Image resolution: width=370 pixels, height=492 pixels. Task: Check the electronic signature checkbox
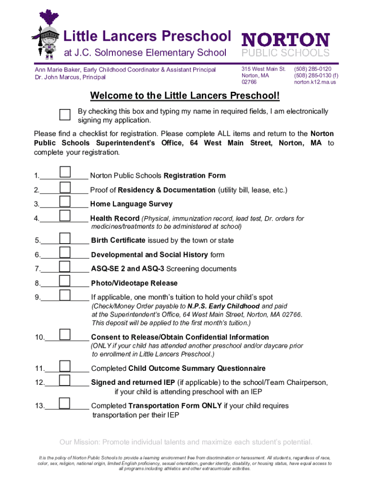(65, 114)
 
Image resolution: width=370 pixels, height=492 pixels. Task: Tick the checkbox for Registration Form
(65, 172)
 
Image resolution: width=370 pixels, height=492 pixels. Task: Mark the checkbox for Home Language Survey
(65, 201)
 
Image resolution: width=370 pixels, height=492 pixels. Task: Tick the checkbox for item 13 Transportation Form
(65, 403)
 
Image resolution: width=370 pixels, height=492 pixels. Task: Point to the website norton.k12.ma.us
(315, 82)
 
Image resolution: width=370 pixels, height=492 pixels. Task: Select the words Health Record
(114, 219)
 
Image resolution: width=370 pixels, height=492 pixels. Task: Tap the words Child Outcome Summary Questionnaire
(197, 369)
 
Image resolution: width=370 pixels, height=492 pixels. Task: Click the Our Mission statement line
(185, 442)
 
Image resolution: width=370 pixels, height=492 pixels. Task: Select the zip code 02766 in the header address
(249, 82)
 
